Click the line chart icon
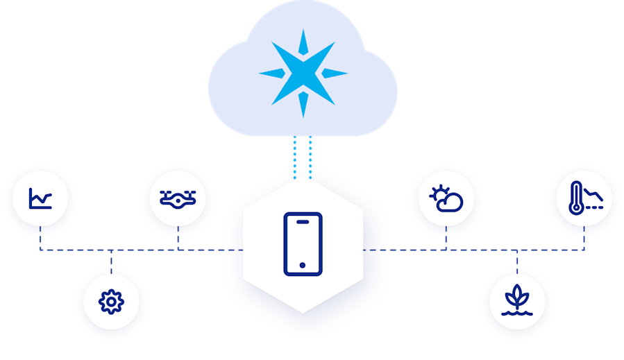pos(40,200)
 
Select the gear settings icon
pos(110,302)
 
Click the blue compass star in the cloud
pos(303,72)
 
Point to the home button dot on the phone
pos(303,265)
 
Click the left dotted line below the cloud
pos(296,156)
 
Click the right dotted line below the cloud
pos(310,156)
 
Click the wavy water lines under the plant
pos(517,311)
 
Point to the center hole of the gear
pos(110,302)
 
